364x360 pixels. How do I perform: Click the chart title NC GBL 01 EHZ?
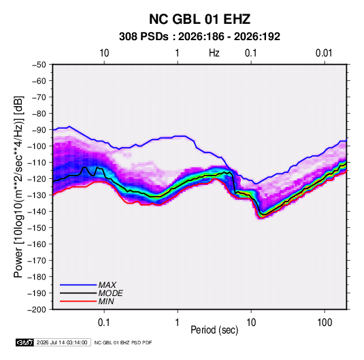199,19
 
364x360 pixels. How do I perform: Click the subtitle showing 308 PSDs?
199,37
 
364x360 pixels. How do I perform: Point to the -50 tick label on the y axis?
39,65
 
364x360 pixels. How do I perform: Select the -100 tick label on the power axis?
37,146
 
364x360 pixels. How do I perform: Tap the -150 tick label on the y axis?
37,228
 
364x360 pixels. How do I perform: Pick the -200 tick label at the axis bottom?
37,310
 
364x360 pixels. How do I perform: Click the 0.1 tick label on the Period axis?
104,323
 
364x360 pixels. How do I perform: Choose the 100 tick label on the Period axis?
325,323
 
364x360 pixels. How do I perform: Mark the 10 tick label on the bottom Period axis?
251,323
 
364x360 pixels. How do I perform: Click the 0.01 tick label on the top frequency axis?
324,53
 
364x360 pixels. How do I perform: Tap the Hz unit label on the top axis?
214,53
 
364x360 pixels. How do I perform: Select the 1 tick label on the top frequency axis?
178,53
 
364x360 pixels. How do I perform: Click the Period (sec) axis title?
214,330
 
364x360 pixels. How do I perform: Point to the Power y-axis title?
18,186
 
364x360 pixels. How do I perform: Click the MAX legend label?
107,285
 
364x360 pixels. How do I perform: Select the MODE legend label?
110,293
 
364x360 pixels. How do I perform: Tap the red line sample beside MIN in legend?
78,301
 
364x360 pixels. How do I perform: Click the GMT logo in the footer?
24,342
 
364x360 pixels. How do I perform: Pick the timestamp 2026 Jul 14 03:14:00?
62,342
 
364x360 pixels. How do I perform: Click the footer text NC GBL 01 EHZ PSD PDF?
123,342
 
